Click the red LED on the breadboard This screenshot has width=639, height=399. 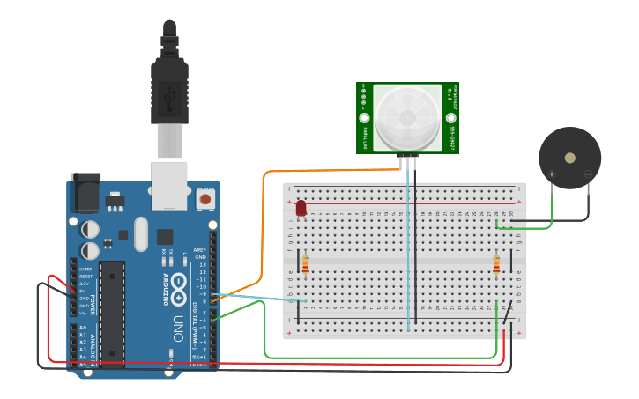tap(301, 208)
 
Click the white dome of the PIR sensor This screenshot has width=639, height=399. tap(407, 116)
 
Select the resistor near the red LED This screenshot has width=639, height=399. tap(306, 263)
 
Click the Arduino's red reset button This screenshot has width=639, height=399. tap(205, 199)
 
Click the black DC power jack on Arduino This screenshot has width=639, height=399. tap(84, 194)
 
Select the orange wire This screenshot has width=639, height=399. tap(264, 220)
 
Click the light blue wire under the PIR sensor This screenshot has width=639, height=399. tap(407, 247)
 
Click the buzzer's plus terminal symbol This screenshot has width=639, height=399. tap(552, 174)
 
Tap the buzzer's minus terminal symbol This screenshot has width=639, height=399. tap(588, 174)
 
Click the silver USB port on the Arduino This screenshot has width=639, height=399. tap(169, 185)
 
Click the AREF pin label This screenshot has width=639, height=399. tap(199, 250)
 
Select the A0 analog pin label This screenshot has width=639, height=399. tap(83, 328)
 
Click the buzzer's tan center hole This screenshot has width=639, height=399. tap(570, 158)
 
